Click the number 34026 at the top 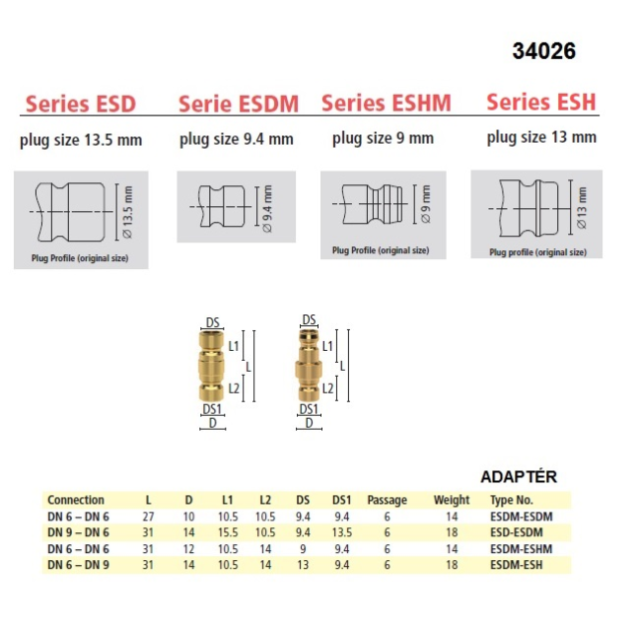tap(544, 51)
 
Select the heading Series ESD tap(81, 104)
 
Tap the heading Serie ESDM tap(239, 104)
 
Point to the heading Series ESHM tap(386, 103)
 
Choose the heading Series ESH tap(541, 102)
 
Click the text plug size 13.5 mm tap(81, 141)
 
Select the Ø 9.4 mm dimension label tap(267, 208)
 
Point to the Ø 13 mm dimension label tap(582, 207)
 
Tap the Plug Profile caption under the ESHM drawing tap(381, 250)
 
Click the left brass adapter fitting tap(211, 366)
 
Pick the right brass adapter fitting tap(308, 365)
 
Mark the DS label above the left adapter tap(212, 323)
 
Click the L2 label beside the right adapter tap(328, 388)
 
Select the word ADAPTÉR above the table tap(518, 476)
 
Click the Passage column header tap(387, 500)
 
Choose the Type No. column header tap(511, 500)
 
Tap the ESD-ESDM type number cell tap(516, 532)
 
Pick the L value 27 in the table tap(149, 516)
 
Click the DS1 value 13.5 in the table tap(341, 532)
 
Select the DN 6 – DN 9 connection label tap(78, 565)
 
